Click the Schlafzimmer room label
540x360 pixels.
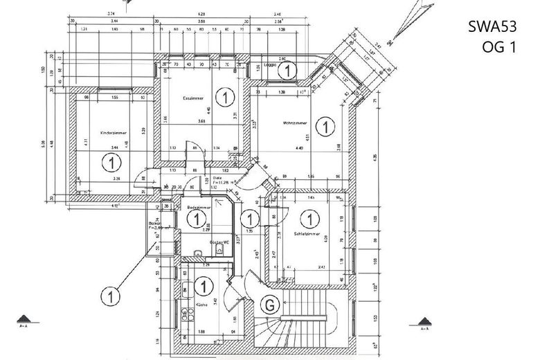(x=305, y=235)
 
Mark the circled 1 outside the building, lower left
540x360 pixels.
(x=109, y=296)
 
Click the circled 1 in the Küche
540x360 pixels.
(x=204, y=285)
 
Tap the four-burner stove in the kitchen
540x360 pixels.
(x=186, y=315)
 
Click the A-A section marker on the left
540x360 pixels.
(x=24, y=321)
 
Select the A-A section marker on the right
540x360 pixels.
(x=424, y=321)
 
